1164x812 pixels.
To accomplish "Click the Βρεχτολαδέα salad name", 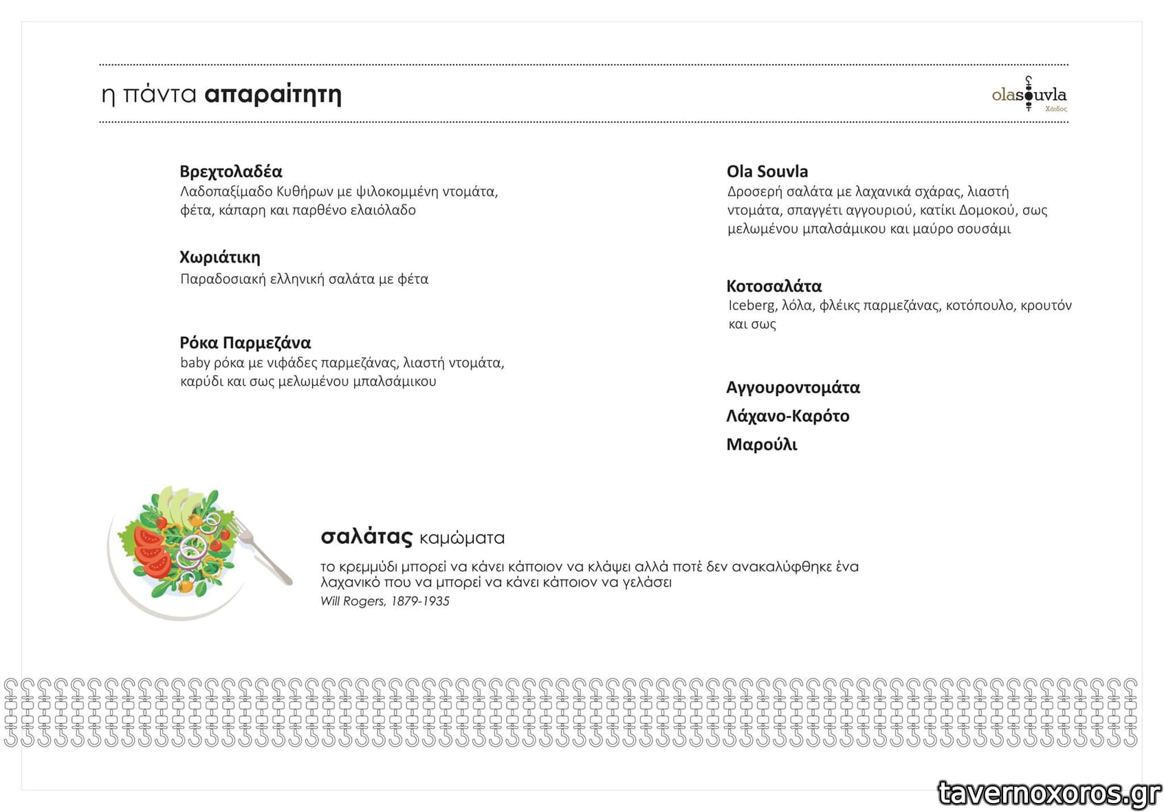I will pos(230,171).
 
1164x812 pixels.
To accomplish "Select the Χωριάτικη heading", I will pos(219,257).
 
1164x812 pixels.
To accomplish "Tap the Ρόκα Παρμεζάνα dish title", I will pos(245,342).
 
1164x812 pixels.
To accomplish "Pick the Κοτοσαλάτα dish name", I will pos(773,286).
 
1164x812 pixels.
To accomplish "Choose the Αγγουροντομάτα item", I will pos(793,388).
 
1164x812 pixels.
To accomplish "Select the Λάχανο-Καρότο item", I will pos(787,416).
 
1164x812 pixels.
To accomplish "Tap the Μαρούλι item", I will pos(761,445).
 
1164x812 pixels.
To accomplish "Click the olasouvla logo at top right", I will pos(1029,95).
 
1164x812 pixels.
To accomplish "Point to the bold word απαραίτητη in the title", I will pos(272,94).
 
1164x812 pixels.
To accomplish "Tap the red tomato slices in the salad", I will pos(150,550).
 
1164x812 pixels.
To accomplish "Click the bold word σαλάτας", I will pos(366,536).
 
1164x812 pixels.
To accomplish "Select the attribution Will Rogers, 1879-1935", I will pos(384,601).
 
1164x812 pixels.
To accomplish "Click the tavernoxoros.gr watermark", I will pos(1049,793).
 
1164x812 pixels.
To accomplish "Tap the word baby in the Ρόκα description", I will pos(195,362).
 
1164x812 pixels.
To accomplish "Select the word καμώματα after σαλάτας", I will pos(461,538).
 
